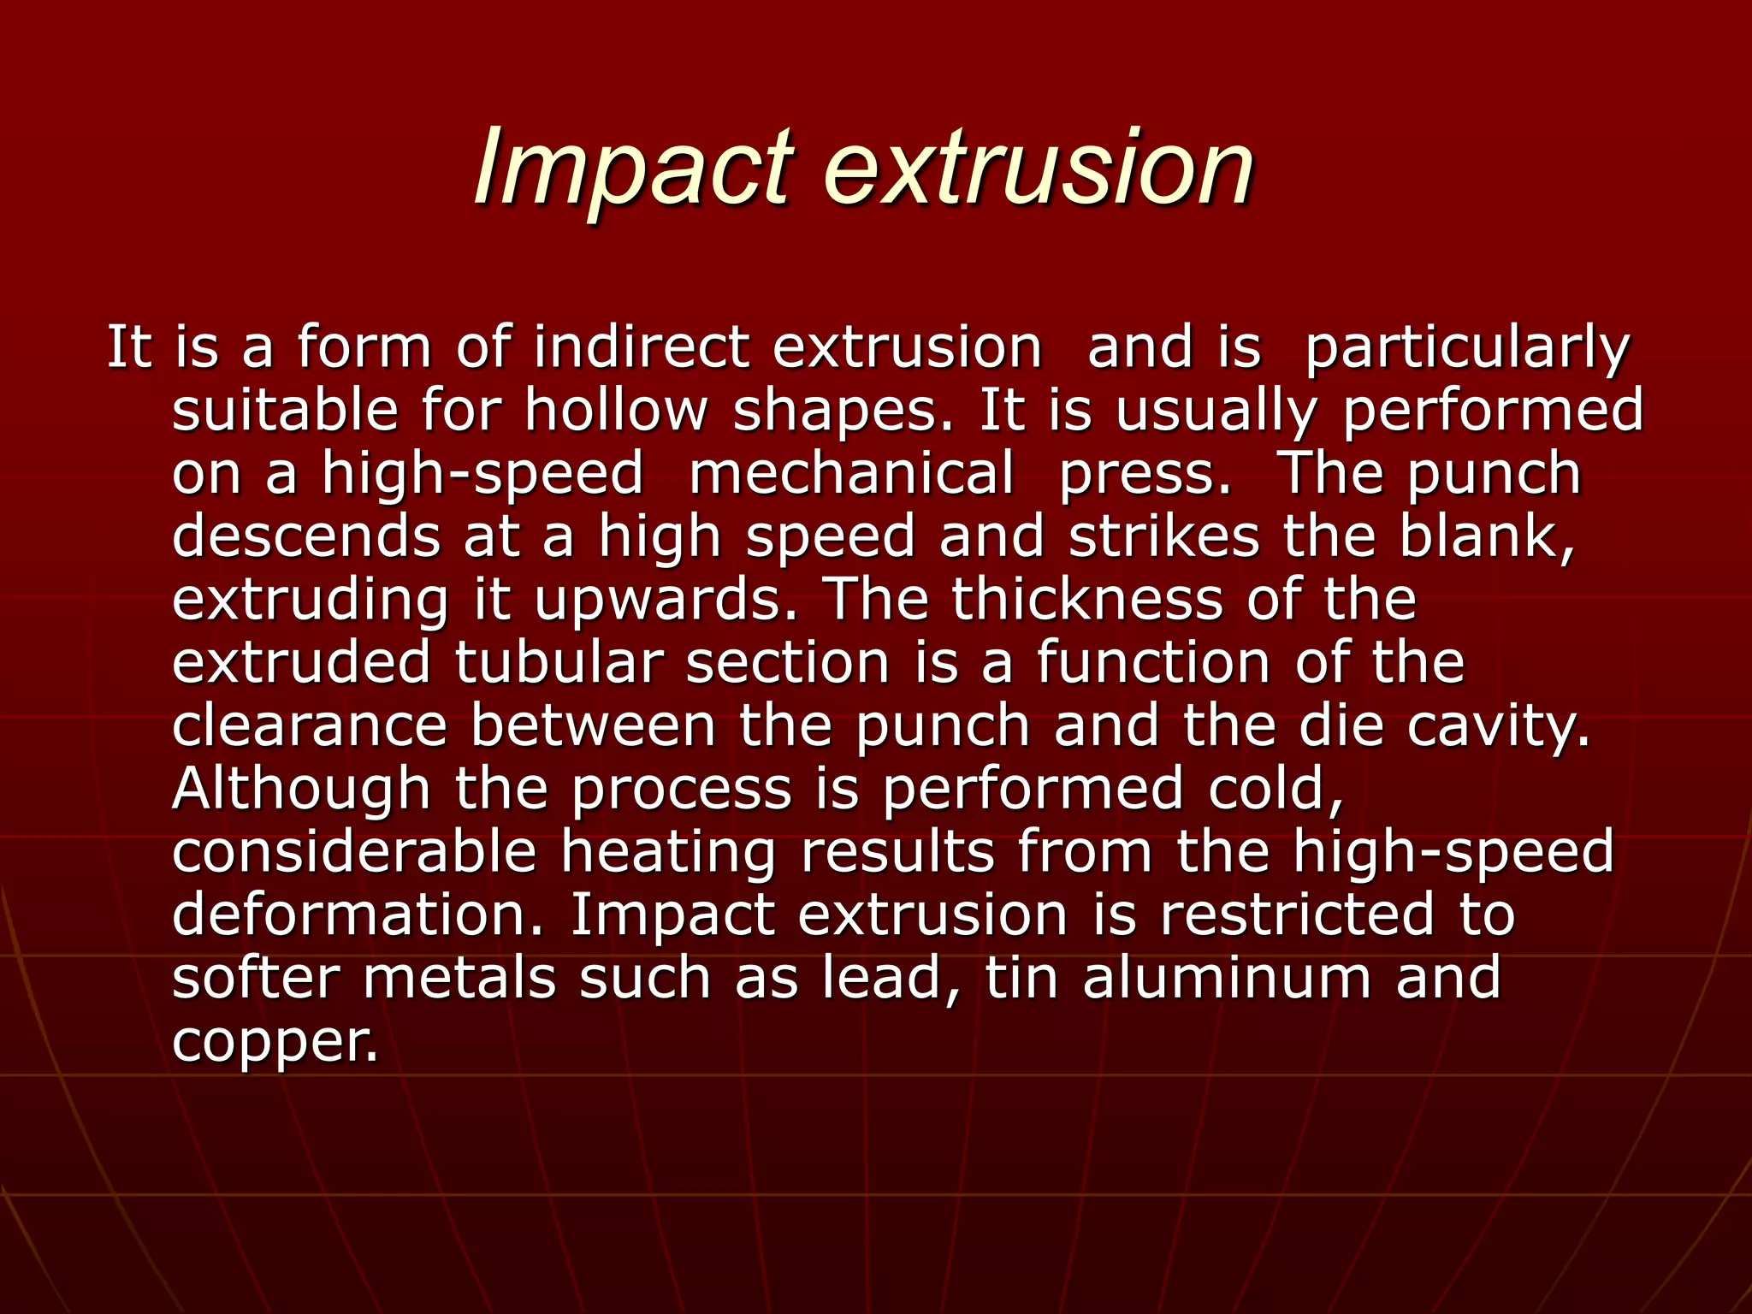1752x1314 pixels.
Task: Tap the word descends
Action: point(307,537)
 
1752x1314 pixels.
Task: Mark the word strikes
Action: point(1164,537)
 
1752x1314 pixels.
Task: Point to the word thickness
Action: point(1087,599)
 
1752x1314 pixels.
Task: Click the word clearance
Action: point(310,726)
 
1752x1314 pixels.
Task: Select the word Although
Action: point(302,790)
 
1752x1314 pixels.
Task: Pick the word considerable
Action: point(354,852)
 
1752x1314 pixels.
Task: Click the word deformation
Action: point(358,914)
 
